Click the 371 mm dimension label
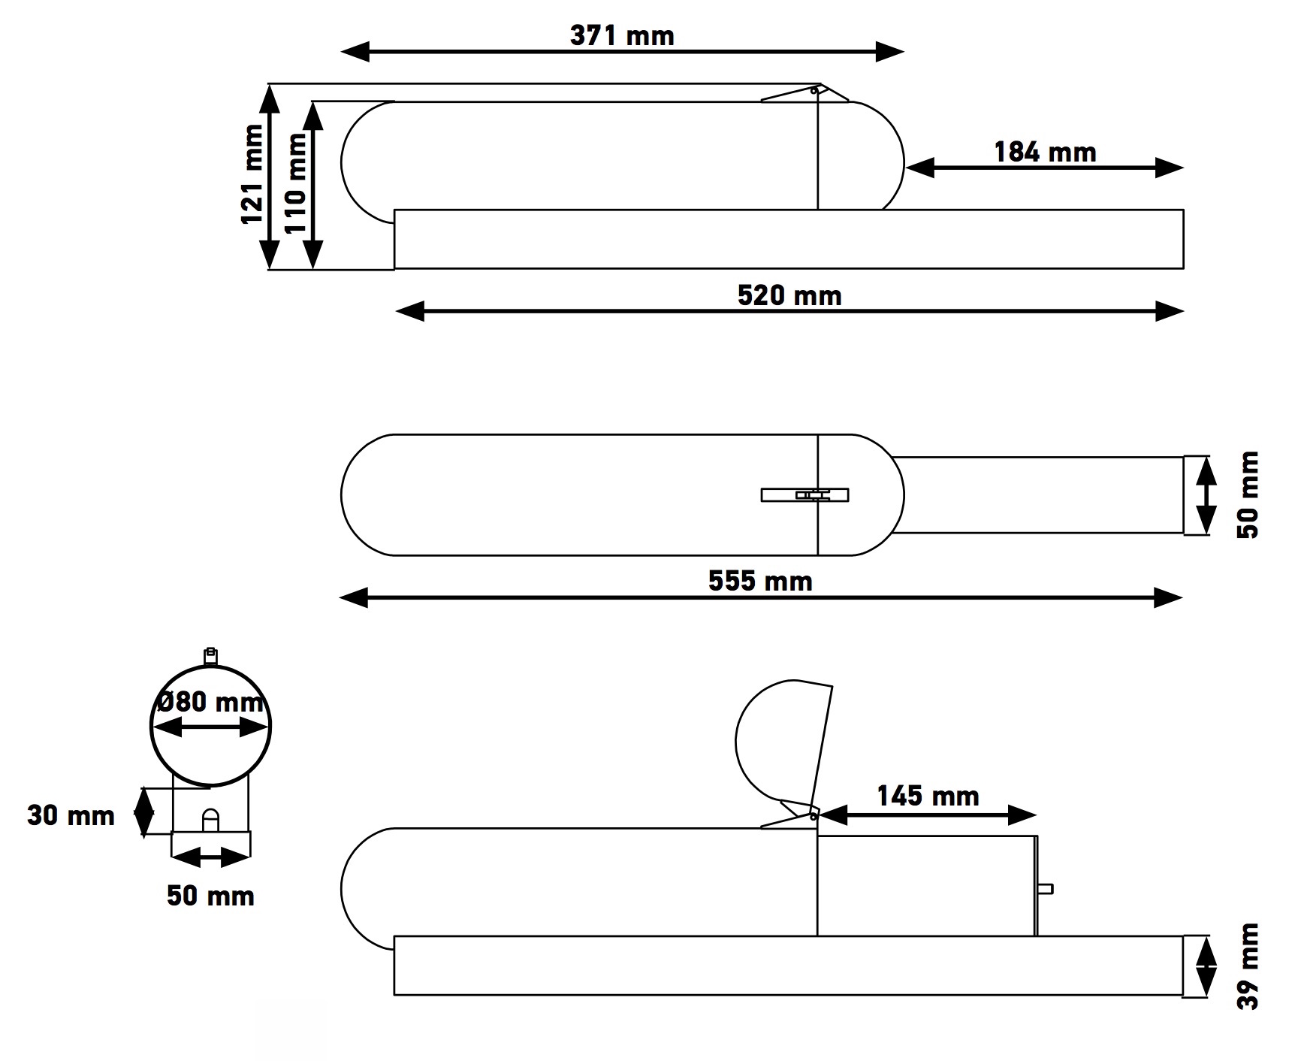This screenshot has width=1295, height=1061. pyautogui.click(x=622, y=35)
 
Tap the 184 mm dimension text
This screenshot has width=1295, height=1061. pyautogui.click(x=1045, y=153)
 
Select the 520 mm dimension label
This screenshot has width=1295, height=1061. pyautogui.click(x=789, y=295)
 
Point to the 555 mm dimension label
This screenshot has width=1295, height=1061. pyautogui.click(x=760, y=581)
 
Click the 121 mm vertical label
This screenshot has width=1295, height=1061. pyautogui.click(x=252, y=174)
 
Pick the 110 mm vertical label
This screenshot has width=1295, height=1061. pyautogui.click(x=295, y=183)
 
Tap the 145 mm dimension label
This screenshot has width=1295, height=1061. pyautogui.click(x=928, y=796)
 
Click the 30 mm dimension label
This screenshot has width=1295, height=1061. pyautogui.click(x=71, y=815)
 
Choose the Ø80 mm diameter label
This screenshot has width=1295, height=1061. pyautogui.click(x=211, y=702)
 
